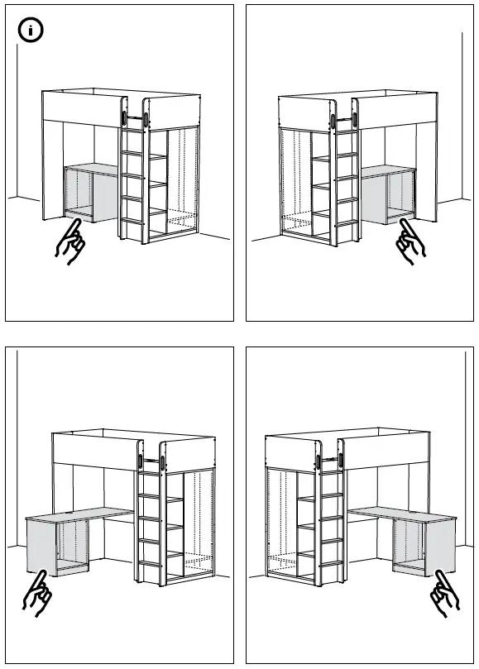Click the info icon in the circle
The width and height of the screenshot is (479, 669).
[x=31, y=32]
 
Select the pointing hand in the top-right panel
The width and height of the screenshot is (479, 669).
[x=409, y=245]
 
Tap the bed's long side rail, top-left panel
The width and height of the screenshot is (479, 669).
[x=83, y=105]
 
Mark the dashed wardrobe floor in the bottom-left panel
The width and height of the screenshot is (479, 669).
[x=199, y=566]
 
